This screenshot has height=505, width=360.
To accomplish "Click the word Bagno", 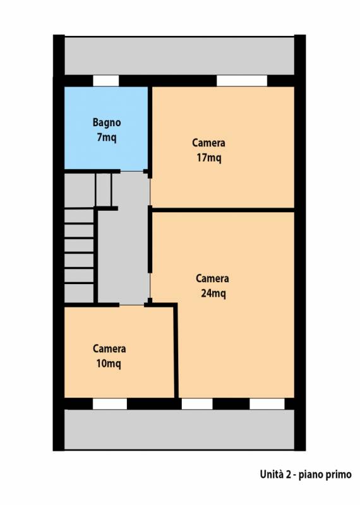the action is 107,122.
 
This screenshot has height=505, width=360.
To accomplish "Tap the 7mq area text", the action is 107,138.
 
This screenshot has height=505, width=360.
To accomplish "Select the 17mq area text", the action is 209,158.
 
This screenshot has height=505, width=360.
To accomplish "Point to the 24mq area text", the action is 213,294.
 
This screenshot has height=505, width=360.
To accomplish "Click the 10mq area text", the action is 109,364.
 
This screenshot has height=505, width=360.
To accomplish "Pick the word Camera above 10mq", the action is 109,348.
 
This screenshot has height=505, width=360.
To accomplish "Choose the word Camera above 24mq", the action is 212,278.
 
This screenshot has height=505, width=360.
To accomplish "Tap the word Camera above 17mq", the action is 208,143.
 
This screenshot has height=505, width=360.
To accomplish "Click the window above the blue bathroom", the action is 106,81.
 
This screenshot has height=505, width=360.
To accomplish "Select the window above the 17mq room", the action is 242,81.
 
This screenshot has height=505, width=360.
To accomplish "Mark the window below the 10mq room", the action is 110,404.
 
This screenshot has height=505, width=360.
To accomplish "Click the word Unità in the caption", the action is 272,475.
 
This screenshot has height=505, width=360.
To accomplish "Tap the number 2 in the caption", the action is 288,475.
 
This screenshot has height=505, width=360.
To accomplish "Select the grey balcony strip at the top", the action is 179,56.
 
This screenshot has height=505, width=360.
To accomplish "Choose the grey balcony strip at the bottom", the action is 179,429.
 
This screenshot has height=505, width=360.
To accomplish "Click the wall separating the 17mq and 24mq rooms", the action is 223,210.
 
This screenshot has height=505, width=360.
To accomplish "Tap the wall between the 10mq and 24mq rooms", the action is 176,350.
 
